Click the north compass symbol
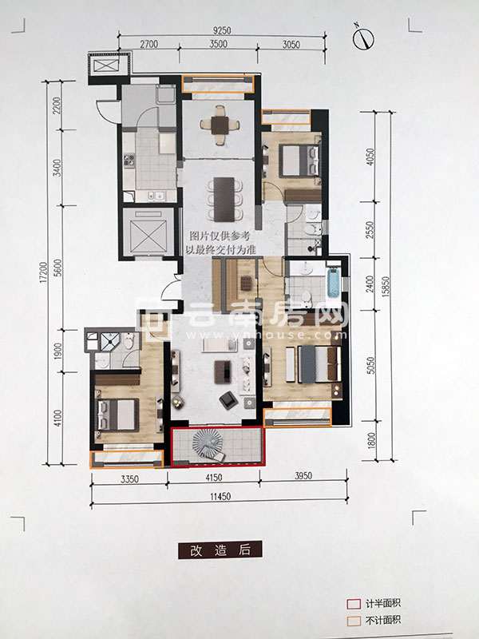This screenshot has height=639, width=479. (363, 38)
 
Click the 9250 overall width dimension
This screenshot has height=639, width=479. (222, 30)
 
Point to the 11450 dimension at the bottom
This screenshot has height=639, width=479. (220, 496)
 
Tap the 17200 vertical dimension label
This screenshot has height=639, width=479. (46, 274)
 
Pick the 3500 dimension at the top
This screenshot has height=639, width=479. (218, 44)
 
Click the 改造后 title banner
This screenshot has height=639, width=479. (220, 550)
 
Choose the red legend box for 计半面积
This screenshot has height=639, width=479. (354, 604)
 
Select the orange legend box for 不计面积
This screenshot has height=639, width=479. (354, 621)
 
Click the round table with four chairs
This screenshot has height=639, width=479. (220, 125)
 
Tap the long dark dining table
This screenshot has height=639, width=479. (224, 199)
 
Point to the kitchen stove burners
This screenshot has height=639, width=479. (129, 160)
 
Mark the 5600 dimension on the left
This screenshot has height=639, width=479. (57, 268)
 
